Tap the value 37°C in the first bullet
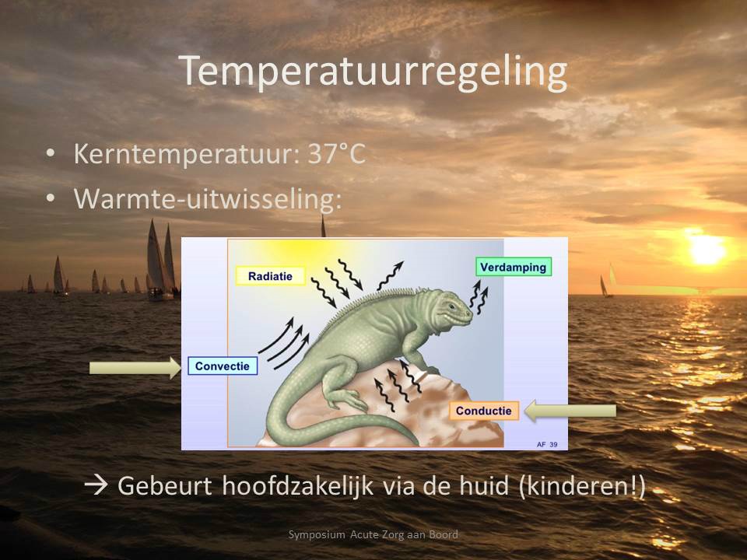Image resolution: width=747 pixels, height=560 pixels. tap(337, 154)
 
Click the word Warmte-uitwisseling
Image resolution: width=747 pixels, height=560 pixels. tap(208, 198)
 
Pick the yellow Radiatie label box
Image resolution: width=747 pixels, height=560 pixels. tap(271, 275)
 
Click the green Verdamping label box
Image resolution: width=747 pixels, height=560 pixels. tap(513, 267)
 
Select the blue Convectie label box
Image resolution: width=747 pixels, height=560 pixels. tap(223, 366)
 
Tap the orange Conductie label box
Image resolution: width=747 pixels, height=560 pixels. tap(483, 411)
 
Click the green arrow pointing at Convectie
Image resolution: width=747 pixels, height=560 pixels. tap(135, 367)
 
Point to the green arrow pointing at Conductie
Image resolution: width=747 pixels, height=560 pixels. tap(570, 411)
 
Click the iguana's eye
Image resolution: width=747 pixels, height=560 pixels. tap(451, 306)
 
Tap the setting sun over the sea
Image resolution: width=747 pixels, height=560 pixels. tap(707, 249)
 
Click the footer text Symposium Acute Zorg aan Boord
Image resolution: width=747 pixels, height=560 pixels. tap(373, 534)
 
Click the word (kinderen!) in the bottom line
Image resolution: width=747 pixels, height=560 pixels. tap(582, 486)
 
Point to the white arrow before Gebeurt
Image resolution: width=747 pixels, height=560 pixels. tap(96, 485)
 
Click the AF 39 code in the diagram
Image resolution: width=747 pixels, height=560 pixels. tap(547, 444)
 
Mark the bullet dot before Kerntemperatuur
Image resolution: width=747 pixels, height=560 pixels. tap(51, 153)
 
